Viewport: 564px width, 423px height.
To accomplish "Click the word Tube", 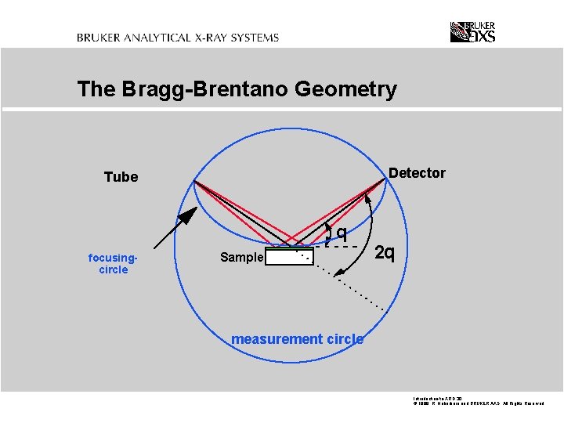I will click(x=121, y=177).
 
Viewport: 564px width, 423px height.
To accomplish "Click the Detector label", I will click(x=417, y=173).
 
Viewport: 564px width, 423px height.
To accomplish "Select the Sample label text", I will click(x=241, y=258).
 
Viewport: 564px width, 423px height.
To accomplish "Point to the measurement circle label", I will click(x=297, y=339).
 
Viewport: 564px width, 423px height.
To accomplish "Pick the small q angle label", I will click(x=342, y=233).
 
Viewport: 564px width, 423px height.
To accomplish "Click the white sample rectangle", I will click(x=290, y=257).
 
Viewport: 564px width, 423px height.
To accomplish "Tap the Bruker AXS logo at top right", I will click(x=472, y=31).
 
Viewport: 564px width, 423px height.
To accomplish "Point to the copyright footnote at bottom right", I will click(x=478, y=402).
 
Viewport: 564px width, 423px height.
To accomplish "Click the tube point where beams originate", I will click(x=194, y=182).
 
